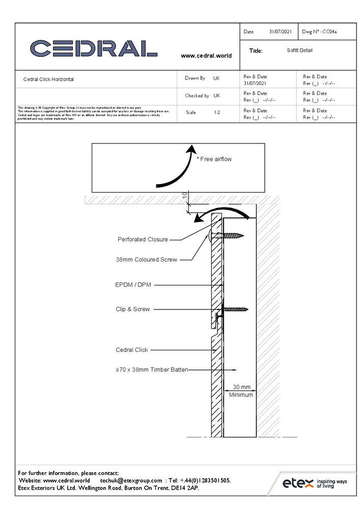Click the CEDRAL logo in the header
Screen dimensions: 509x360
tap(93, 48)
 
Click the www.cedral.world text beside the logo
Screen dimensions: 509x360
tap(206, 55)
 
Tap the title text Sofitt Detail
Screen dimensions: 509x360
tap(299, 50)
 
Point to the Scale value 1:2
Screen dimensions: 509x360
tap(217, 112)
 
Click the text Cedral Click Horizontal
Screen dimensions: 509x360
tap(48, 79)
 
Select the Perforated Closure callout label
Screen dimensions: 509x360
tap(143, 239)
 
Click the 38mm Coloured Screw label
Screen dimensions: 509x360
tap(147, 260)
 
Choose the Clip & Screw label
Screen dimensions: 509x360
tap(132, 309)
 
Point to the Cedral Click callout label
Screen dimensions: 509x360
tap(132, 350)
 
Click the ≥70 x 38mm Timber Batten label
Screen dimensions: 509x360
tap(152, 370)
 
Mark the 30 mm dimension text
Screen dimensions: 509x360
tap(241, 387)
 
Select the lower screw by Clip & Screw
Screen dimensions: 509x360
tap(234, 309)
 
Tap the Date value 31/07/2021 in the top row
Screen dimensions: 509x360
tap(280, 32)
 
